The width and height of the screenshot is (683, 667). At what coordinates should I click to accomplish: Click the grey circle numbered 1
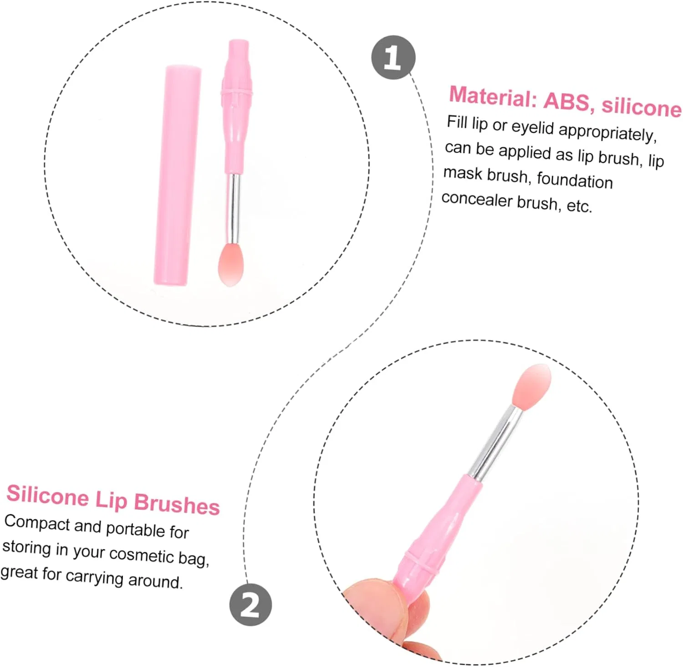(393, 57)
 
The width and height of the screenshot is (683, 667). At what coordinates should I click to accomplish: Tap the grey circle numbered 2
(250, 605)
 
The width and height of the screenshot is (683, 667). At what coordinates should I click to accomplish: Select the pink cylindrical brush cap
(178, 175)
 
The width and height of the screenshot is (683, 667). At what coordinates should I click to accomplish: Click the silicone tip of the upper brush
(231, 265)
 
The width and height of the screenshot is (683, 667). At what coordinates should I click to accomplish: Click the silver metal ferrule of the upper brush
(233, 209)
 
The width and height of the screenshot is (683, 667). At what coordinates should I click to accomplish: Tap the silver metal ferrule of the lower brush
(496, 442)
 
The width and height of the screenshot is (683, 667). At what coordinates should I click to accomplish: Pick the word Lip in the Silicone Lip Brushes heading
(111, 499)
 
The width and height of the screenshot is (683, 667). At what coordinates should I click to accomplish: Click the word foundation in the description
(575, 180)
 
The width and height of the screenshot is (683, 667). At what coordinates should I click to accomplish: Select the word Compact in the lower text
(37, 523)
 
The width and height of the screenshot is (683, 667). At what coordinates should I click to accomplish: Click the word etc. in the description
(579, 206)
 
